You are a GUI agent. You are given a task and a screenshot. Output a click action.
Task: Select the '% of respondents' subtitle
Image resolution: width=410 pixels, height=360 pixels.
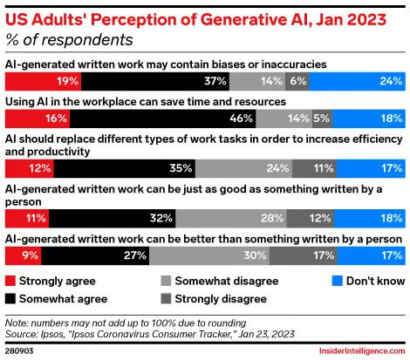click(x=69, y=39)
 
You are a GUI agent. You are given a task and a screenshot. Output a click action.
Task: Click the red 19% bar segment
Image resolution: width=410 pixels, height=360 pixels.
click(x=44, y=80)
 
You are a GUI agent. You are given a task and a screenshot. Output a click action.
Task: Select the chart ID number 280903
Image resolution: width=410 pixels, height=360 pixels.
click(x=21, y=350)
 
